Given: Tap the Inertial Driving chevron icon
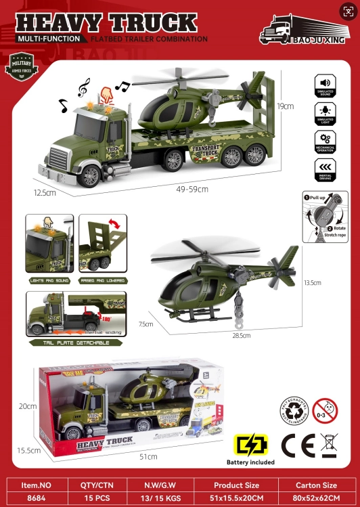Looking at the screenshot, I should tap(325, 167).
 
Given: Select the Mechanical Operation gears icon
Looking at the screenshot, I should tap(325, 139).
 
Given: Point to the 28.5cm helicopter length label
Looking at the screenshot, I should tap(242, 335).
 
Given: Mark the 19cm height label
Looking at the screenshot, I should tap(285, 106).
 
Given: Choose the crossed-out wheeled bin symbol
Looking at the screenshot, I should tap(330, 446).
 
